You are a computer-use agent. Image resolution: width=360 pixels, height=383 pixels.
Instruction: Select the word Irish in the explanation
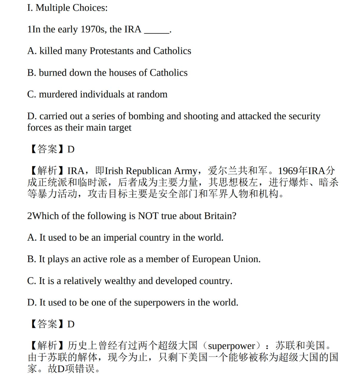pos(114,171)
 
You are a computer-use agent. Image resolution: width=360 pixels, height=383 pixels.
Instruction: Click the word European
pos(211,259)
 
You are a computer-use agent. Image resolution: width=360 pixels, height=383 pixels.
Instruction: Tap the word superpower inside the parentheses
pos(232,346)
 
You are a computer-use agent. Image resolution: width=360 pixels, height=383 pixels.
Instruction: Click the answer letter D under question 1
pos(71,149)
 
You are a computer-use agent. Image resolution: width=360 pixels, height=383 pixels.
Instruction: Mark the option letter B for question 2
pos(31,259)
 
